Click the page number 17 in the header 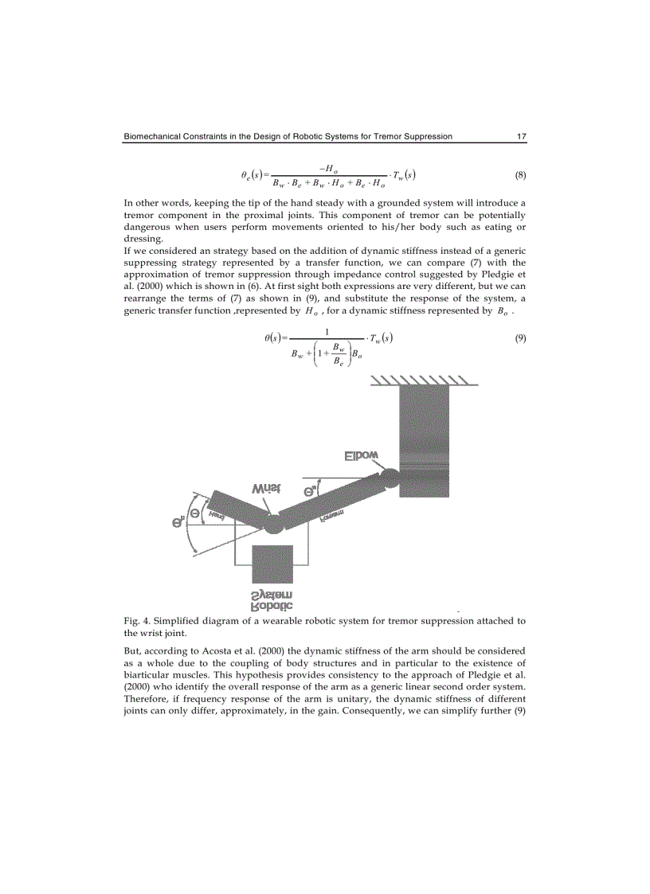click(521, 136)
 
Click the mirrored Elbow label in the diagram click(361, 456)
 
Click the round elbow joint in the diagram click(390, 478)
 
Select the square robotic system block click(272, 566)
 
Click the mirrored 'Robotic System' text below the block click(272, 602)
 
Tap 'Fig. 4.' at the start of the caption click(138, 620)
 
